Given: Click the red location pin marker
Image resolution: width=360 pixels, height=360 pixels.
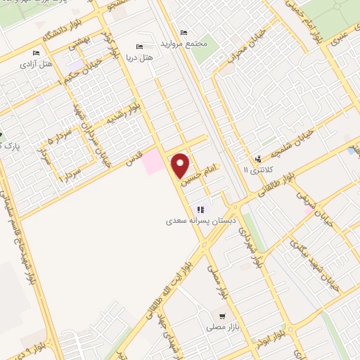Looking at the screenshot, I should click(x=181, y=165).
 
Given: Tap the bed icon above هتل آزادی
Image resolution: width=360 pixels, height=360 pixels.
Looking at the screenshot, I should click(x=36, y=53).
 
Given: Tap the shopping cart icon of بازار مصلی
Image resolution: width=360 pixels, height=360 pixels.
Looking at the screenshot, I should click(x=223, y=317).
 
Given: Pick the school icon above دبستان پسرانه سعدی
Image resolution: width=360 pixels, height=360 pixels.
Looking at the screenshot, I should click(x=200, y=209).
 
